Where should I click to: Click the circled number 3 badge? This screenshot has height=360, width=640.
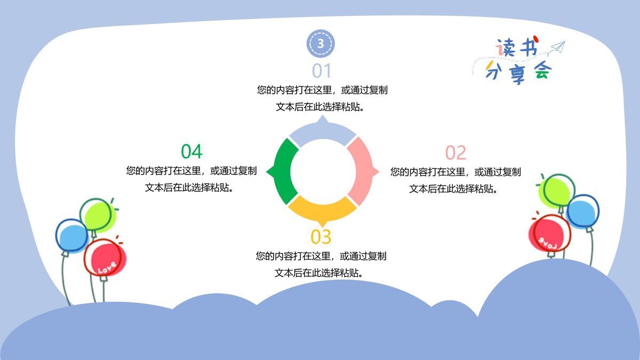pyautogui.click(x=320, y=43)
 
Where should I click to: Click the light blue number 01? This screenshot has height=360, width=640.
pyautogui.click(x=322, y=71)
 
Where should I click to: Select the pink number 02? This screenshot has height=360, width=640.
pyautogui.click(x=455, y=153)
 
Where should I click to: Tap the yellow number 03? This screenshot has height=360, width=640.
pyautogui.click(x=321, y=236)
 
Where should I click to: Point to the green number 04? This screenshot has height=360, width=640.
pyautogui.click(x=191, y=151)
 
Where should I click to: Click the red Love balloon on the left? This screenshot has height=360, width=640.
pyautogui.click(x=105, y=257)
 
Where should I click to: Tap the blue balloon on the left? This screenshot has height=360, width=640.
pyautogui.click(x=71, y=236)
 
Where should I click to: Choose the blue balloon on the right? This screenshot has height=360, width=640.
pyautogui.click(x=582, y=211)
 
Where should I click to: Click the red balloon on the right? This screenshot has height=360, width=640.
pyautogui.click(x=549, y=233)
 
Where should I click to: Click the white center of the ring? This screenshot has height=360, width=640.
pyautogui.click(x=322, y=171)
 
